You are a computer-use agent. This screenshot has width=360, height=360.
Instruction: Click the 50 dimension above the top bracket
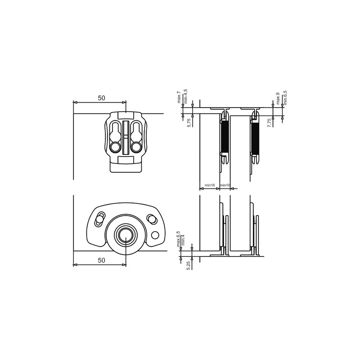coord(101,98)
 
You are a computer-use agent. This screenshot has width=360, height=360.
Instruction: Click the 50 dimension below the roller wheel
coord(101,260)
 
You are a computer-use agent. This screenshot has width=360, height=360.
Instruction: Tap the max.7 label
coord(179,97)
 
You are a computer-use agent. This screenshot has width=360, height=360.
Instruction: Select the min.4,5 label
coord(186,96)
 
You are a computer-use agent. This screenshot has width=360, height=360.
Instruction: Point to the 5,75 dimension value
coord(189,122)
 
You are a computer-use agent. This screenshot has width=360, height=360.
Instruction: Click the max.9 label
coord(278,99)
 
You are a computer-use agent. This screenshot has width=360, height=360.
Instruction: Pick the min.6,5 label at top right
coord(285,98)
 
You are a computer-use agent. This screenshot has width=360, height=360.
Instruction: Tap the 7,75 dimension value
coord(270,122)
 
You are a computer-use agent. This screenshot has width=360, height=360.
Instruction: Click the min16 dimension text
coord(210,185)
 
